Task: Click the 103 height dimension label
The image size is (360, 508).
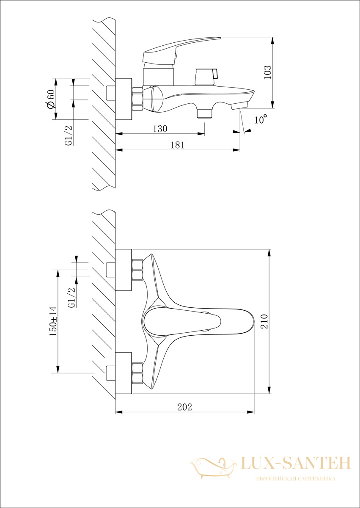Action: (267, 72)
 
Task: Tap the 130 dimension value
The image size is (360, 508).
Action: (160, 129)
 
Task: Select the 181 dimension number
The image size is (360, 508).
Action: (178, 145)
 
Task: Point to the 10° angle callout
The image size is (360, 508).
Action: (261, 119)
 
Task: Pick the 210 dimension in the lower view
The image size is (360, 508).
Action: (264, 321)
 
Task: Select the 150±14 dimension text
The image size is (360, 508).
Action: (53, 321)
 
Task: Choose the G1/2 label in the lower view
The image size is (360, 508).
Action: (71, 297)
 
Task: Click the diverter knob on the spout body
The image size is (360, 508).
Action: (206, 77)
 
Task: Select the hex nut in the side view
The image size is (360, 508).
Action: (137, 99)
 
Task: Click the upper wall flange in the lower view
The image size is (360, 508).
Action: (124, 270)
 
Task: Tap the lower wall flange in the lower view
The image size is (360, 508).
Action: (124, 373)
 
